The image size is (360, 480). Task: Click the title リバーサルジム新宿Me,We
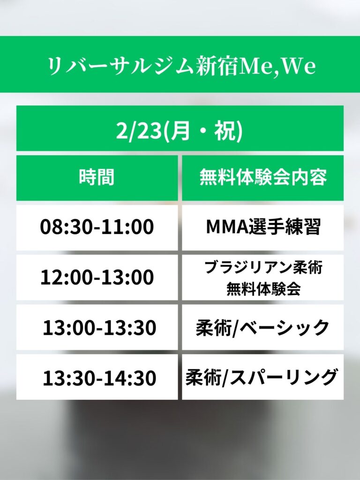tap(182, 66)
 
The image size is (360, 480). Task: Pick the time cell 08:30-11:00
tap(97, 227)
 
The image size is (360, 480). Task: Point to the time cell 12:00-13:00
tap(97, 277)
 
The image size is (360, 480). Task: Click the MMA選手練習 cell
tap(263, 227)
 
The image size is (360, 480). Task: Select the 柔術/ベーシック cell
tap(262, 327)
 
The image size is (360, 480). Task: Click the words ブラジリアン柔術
tap(263, 268)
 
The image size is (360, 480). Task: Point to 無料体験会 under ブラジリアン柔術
tap(263, 288)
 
